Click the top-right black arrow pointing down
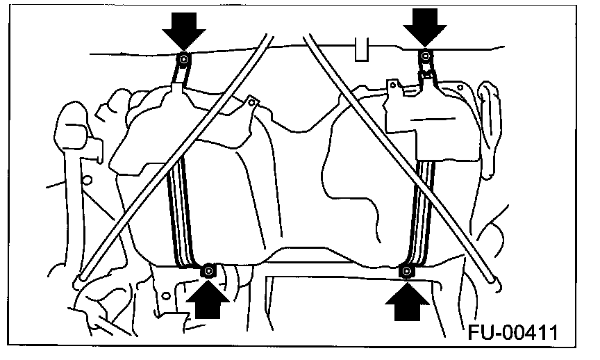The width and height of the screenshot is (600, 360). click(426, 28)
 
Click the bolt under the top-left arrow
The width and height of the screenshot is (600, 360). click(182, 58)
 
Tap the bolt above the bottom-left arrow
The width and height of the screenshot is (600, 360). click(208, 270)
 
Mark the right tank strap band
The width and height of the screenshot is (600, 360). click(424, 208)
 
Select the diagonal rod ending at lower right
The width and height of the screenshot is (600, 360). click(403, 160)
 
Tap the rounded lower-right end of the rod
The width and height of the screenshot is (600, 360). click(495, 279)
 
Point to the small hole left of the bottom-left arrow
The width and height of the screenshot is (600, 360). click(166, 295)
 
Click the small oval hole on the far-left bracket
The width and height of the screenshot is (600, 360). click(87, 180)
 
